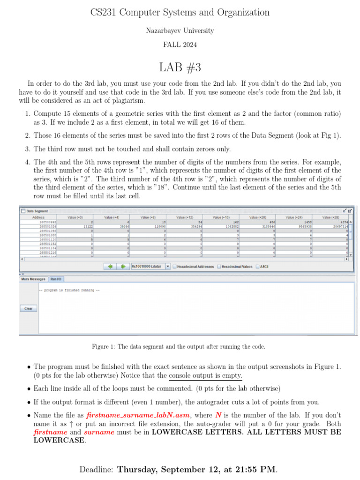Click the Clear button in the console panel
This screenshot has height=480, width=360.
(x=28, y=308)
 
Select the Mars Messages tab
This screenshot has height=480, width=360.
(x=33, y=279)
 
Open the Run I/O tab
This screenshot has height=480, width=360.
(x=56, y=279)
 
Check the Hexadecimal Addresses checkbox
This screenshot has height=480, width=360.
(x=174, y=267)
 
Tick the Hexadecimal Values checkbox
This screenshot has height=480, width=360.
(x=219, y=267)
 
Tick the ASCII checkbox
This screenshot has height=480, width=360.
(x=257, y=267)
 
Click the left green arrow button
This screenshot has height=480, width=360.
(x=111, y=266)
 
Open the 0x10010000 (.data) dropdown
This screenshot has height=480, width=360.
(x=168, y=266)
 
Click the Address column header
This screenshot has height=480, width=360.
(x=38, y=217)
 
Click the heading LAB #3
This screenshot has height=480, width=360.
(x=180, y=67)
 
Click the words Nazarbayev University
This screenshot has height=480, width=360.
(x=180, y=30)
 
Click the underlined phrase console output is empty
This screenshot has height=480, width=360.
(x=205, y=375)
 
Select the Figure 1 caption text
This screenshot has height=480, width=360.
(x=179, y=347)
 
